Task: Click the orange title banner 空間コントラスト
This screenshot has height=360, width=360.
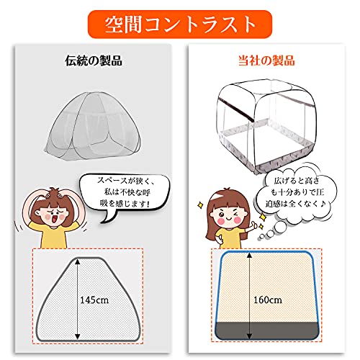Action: coord(180,24)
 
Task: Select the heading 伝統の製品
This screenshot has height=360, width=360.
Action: coord(94,60)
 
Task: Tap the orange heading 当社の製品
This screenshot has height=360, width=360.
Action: coord(266,60)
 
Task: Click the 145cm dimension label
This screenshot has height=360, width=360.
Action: coord(94,300)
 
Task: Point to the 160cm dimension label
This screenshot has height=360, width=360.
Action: coord(268,300)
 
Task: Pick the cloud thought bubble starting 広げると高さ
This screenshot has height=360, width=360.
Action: coord(297,193)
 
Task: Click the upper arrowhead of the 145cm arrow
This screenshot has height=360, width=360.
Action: coord(77,261)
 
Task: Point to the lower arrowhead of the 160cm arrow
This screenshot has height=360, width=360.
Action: coord(250,336)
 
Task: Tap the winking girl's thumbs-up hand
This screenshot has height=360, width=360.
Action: coord(253,226)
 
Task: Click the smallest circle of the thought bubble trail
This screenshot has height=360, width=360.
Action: coord(261,237)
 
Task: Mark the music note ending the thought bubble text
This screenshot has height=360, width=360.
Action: coord(323,204)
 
